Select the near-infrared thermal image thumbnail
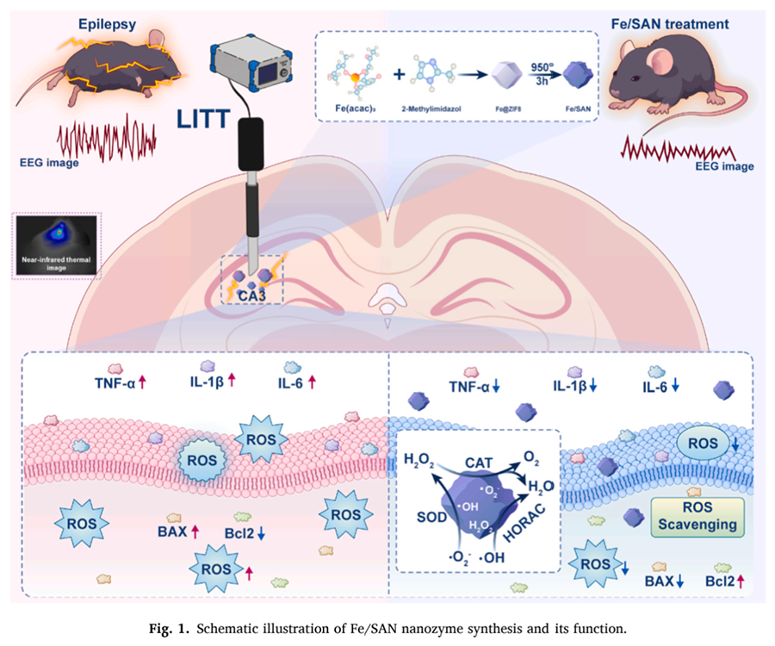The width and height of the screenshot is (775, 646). click(x=56, y=244)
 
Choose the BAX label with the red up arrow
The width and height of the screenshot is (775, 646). click(x=175, y=530)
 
